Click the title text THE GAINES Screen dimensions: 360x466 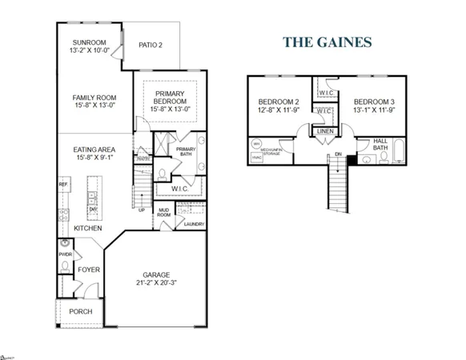(327, 42)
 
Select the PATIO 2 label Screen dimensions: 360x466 (150, 45)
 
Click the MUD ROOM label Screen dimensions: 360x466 (163, 213)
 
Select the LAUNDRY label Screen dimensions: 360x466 (194, 224)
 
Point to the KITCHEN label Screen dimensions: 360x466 (87, 228)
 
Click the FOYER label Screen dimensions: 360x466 (89, 270)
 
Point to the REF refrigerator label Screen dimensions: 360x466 (62, 184)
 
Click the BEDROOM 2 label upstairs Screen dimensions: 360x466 (279, 102)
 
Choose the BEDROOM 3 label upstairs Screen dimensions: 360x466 (375, 102)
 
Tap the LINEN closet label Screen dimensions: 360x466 (324, 130)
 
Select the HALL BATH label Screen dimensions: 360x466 (381, 144)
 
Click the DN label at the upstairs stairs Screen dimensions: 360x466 (339, 154)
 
